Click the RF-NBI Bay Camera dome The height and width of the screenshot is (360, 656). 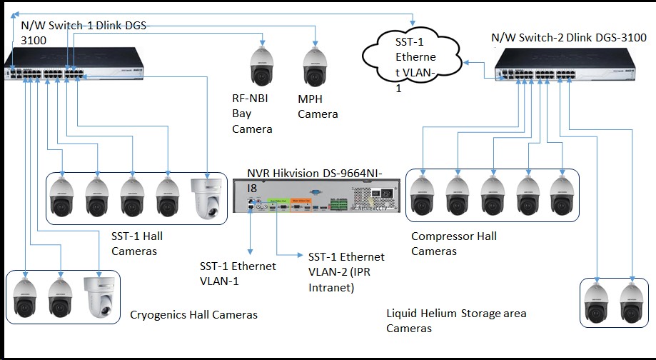point(262,66)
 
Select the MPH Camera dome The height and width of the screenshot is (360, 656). point(316,66)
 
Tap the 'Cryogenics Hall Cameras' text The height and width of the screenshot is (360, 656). point(193,314)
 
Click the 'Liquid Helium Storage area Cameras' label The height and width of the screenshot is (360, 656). point(456,321)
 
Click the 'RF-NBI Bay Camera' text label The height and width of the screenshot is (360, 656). point(252,114)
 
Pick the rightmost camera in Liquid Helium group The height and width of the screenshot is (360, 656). point(631,302)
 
